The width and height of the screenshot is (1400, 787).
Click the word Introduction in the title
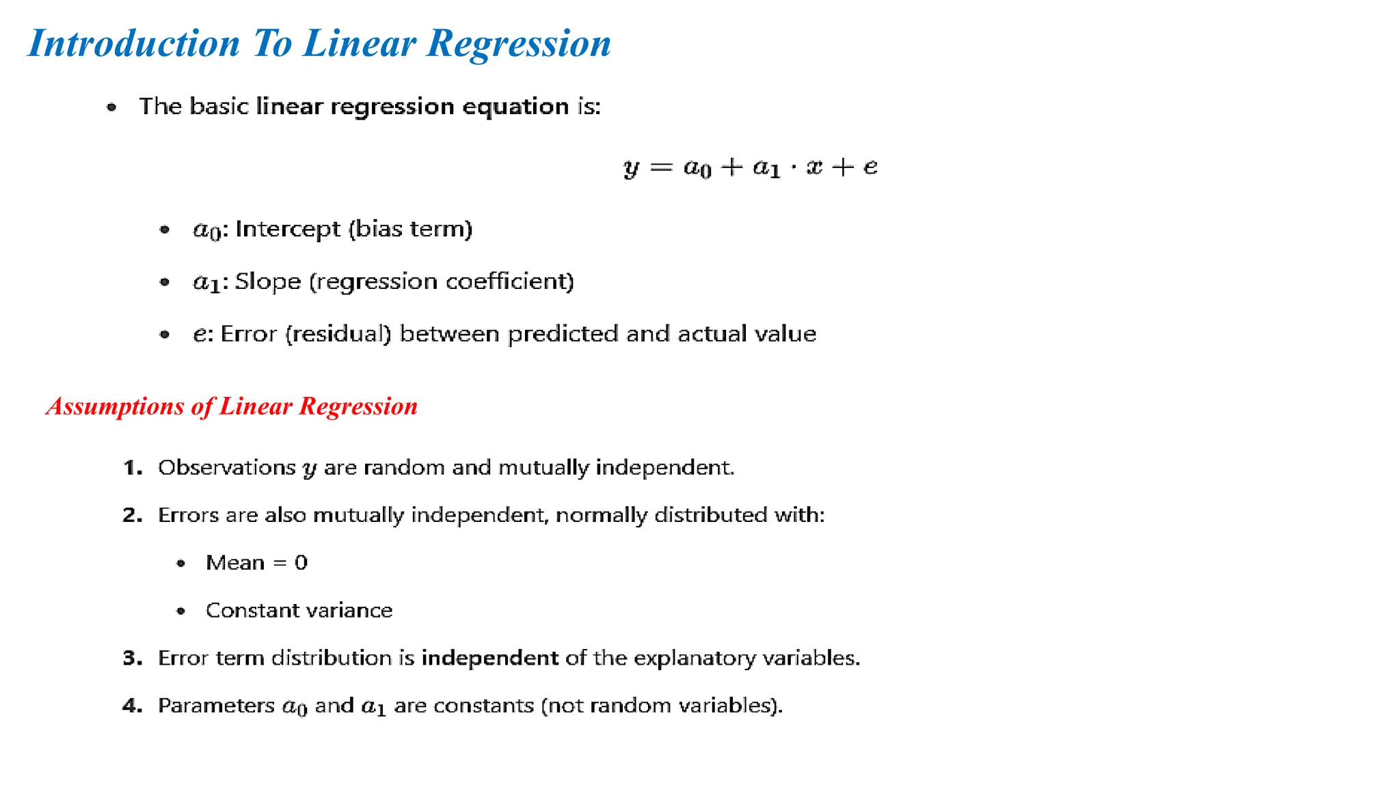pyautogui.click(x=134, y=44)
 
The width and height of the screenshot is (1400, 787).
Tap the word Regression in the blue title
pyautogui.click(x=519, y=44)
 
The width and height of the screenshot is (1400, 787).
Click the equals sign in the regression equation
pyautogui.click(x=661, y=167)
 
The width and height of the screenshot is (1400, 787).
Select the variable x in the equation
pyautogui.click(x=813, y=167)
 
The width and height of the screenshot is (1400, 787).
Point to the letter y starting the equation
pyautogui.click(x=632, y=168)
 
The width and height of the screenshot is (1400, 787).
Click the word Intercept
pyautogui.click(x=287, y=229)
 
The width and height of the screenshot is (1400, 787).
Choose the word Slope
pyautogui.click(x=267, y=281)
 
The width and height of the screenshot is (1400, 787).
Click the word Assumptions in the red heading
pyautogui.click(x=115, y=406)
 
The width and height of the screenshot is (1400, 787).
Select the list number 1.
pyautogui.click(x=131, y=468)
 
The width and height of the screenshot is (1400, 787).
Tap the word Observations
pyautogui.click(x=226, y=468)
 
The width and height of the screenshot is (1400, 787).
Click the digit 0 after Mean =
pyautogui.click(x=301, y=563)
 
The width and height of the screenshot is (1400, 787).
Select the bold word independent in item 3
pyautogui.click(x=489, y=658)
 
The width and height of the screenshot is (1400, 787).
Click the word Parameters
pyautogui.click(x=216, y=706)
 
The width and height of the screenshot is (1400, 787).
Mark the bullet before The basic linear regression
pyautogui.click(x=111, y=107)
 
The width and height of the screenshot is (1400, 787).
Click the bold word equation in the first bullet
pyautogui.click(x=515, y=107)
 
